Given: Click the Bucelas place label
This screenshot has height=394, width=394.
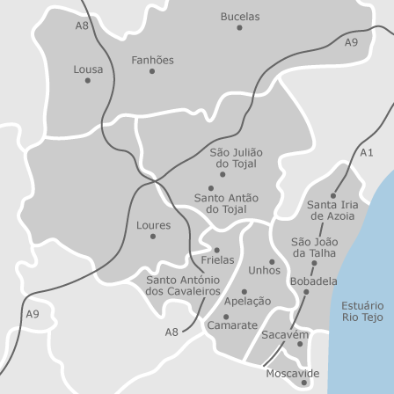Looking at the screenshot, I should pyautogui.click(x=239, y=16).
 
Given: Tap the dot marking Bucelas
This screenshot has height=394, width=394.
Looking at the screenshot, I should pyautogui.click(x=239, y=27).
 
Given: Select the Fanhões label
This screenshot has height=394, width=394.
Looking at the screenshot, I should pyautogui.click(x=152, y=60).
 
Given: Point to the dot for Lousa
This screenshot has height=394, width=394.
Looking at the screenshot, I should pyautogui.click(x=87, y=80).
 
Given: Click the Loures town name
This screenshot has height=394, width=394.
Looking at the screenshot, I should pyautogui.click(x=153, y=225).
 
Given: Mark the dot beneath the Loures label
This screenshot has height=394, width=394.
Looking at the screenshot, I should pyautogui.click(x=153, y=236).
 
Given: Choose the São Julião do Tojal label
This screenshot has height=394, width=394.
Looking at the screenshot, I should pyautogui.click(x=236, y=158).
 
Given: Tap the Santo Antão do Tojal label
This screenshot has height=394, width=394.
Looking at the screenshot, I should pyautogui.click(x=225, y=203).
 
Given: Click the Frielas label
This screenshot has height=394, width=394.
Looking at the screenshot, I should pyautogui.click(x=217, y=260).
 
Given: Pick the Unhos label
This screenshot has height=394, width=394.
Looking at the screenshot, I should pyautogui.click(x=264, y=270).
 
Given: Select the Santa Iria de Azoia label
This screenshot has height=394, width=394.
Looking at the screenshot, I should pyautogui.click(x=331, y=209).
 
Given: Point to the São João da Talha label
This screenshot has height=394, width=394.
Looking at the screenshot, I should pyautogui.click(x=314, y=246).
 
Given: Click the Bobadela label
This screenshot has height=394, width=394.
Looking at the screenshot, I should pyautogui.click(x=313, y=281).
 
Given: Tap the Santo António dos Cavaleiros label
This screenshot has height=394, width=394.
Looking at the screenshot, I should pyautogui.click(x=182, y=285).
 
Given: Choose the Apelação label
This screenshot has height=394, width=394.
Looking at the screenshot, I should pyautogui.click(x=246, y=301).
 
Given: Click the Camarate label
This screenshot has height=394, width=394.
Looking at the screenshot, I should pyautogui.click(x=231, y=325).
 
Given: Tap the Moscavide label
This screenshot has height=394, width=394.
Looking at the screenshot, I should pyautogui.click(x=292, y=373).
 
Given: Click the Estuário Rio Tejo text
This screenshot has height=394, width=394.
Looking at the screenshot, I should pyautogui.click(x=361, y=309).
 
